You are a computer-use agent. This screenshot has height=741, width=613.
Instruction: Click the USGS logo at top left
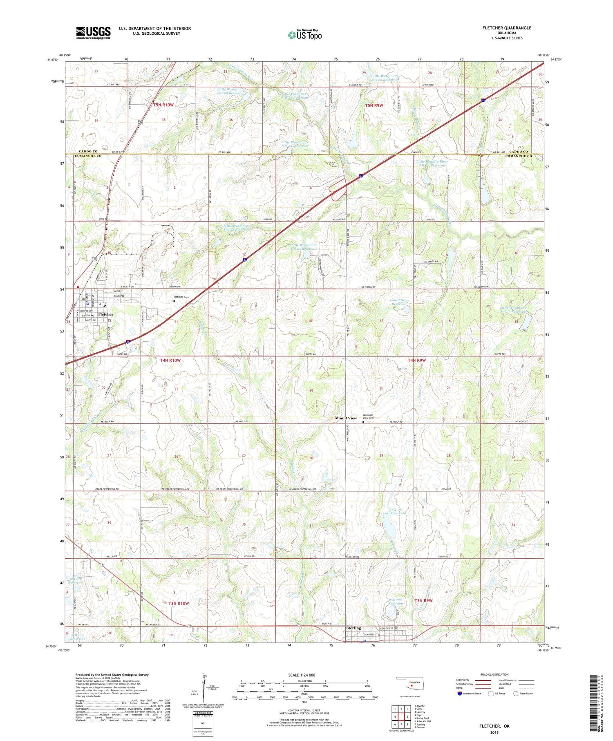[93, 33]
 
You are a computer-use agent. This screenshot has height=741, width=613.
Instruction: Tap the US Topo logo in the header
[304, 35]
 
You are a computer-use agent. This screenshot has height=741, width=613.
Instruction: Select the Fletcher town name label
[105, 314]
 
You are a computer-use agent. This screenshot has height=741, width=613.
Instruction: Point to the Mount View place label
[346, 418]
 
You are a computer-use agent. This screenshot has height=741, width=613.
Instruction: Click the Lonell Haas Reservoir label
[399, 302]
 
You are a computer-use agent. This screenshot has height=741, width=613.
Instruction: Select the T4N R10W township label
[168, 360]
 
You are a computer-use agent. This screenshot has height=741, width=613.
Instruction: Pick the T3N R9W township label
[423, 600]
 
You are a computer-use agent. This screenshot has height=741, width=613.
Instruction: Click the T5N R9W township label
[374, 105]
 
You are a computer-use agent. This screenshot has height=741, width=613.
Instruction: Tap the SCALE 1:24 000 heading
[302, 675]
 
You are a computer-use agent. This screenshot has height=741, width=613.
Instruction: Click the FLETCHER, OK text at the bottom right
[494, 726]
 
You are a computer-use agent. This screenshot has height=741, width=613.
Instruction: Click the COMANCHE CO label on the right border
[519, 156]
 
